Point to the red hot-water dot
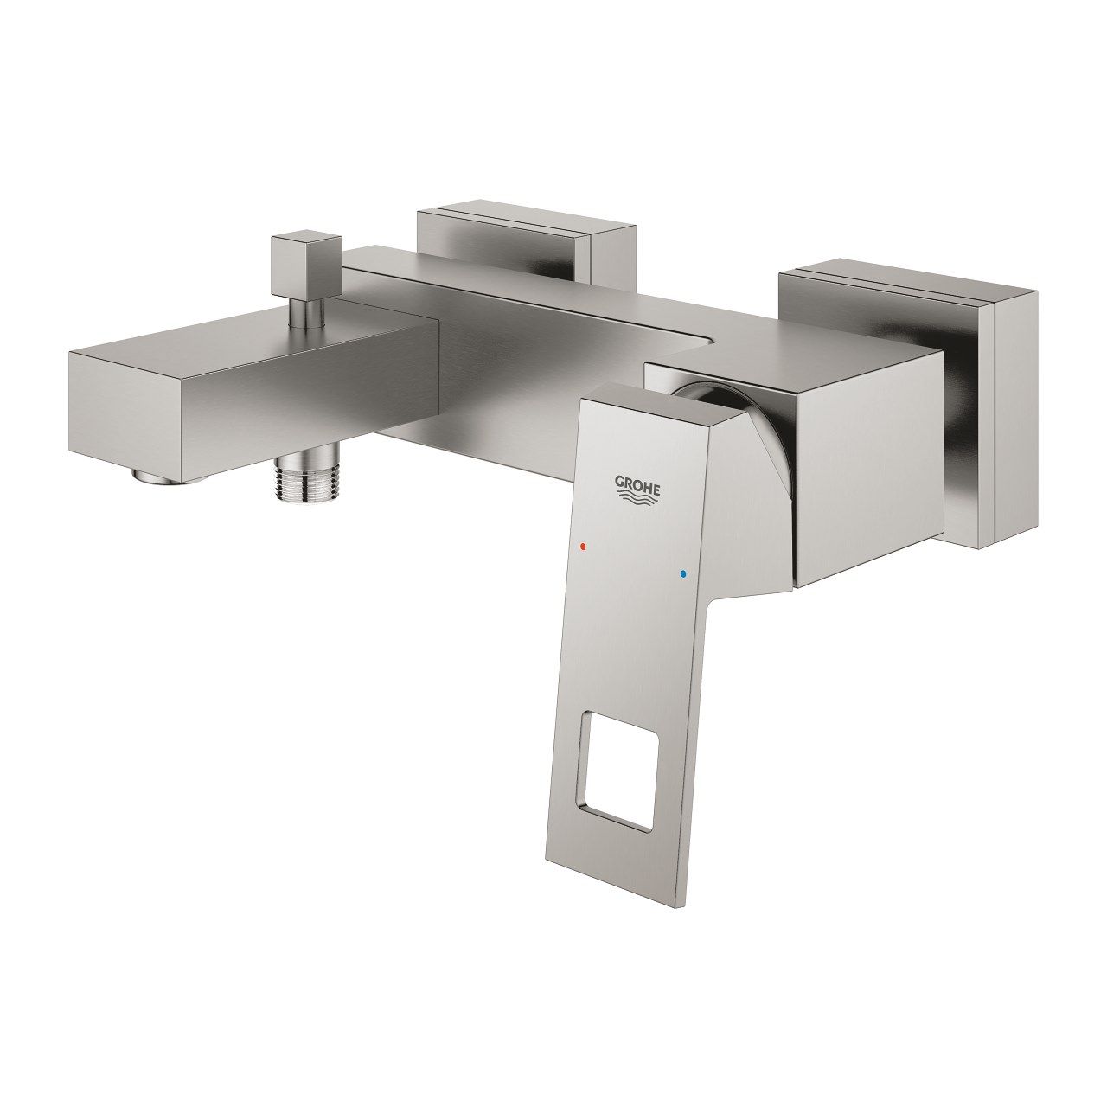[x=584, y=547]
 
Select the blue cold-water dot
[x=683, y=573]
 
